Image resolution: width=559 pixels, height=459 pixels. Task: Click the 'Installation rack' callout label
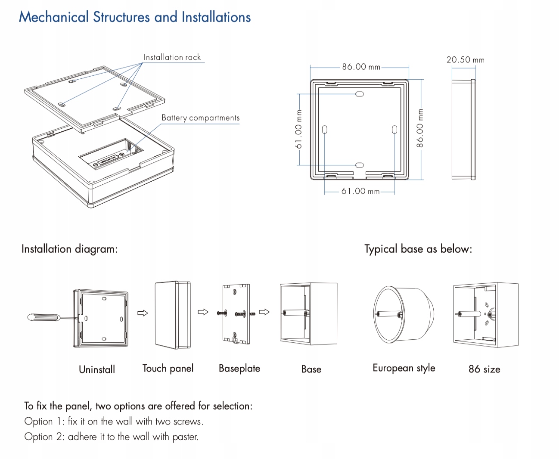[172, 57]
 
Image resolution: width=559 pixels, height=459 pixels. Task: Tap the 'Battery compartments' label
[200, 118]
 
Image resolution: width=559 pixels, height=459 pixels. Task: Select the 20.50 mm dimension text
[465, 60]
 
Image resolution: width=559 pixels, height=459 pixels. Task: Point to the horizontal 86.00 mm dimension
[361, 67]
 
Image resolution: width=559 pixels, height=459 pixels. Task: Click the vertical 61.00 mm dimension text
[299, 129]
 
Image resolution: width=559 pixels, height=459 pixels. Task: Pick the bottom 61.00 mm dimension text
[360, 191]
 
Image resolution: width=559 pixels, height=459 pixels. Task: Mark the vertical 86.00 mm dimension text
[420, 128]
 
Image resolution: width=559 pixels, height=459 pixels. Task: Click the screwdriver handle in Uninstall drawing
[43, 318]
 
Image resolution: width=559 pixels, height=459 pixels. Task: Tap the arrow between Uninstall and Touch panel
[143, 313]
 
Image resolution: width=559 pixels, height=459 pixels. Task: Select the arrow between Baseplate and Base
[264, 312]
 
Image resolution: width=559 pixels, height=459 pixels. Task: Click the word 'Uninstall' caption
[97, 369]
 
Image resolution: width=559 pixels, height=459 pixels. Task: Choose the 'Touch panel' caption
[168, 369]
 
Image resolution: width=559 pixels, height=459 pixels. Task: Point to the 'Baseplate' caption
[239, 369]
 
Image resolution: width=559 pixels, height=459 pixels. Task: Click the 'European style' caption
[404, 369]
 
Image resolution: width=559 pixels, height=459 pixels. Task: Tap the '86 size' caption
[484, 369]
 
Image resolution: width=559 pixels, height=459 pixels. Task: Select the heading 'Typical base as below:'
[418, 249]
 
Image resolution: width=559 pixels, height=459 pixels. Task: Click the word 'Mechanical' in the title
[54, 17]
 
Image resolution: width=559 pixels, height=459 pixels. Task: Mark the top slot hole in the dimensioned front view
[360, 94]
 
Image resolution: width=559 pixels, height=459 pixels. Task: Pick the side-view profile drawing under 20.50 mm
[463, 129]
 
